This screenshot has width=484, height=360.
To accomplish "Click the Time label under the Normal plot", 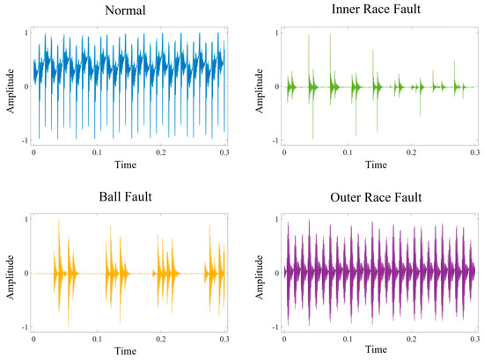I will [128, 164].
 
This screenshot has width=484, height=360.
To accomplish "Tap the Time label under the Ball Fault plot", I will [128, 350].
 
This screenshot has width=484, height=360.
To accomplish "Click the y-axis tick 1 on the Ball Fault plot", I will [26, 219].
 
